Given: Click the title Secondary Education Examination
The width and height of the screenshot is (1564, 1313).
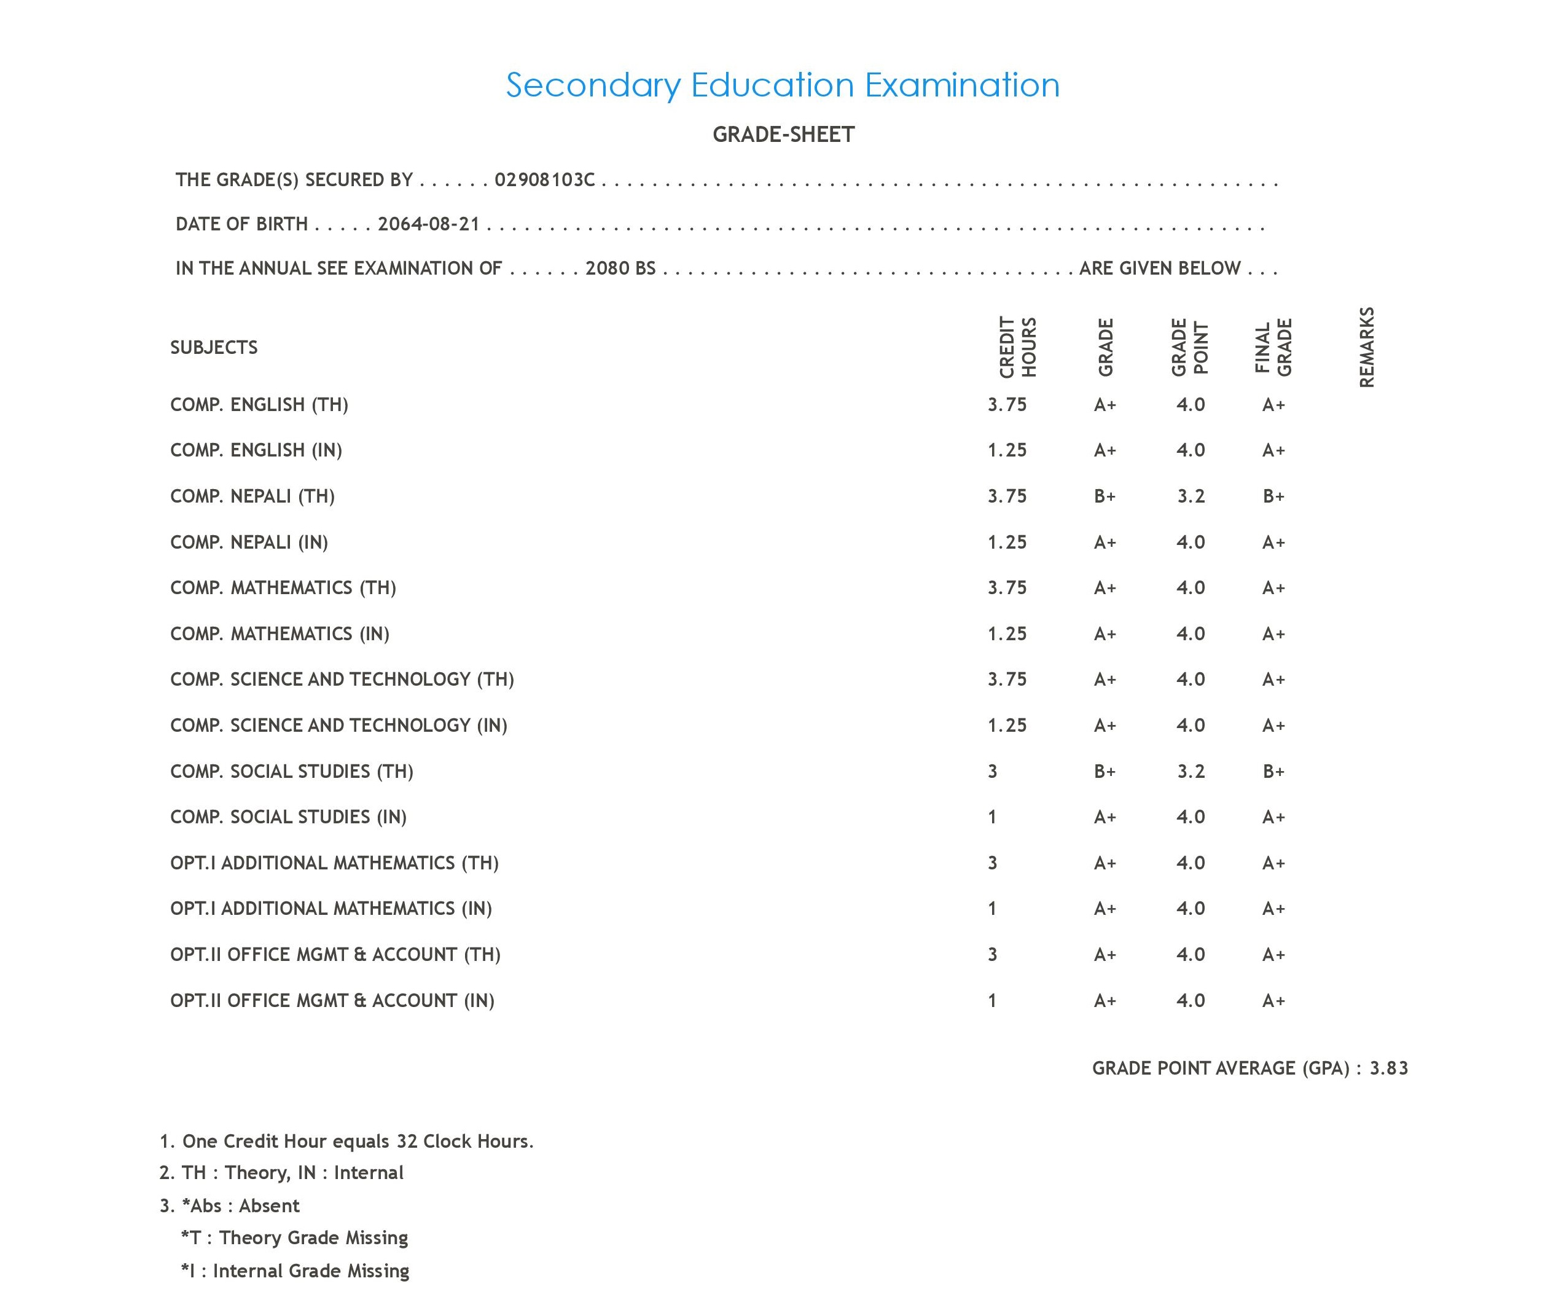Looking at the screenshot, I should click(x=782, y=85).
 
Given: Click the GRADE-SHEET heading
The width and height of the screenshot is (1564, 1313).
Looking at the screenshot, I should click(x=783, y=135).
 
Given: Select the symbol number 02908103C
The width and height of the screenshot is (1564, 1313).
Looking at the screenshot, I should click(x=544, y=180).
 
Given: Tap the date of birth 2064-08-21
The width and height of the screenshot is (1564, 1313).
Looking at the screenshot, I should click(x=428, y=224).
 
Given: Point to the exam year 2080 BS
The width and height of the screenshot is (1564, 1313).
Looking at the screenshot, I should click(x=620, y=268).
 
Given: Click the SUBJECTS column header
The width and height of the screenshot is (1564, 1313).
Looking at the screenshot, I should click(x=214, y=348).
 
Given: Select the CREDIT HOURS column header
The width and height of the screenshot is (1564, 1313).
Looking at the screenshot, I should click(x=1017, y=347).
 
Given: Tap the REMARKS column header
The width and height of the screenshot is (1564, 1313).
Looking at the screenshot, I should click(x=1366, y=347).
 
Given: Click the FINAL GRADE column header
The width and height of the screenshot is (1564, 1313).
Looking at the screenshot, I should click(x=1273, y=347).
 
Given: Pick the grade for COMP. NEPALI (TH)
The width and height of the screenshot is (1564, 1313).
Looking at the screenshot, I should click(x=1105, y=496).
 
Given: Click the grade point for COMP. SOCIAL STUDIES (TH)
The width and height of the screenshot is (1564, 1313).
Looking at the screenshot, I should click(x=1190, y=772).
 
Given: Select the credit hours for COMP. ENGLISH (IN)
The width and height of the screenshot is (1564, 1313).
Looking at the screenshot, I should click(x=1007, y=450).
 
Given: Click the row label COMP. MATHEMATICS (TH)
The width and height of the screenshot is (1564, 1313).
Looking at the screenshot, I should click(x=283, y=589).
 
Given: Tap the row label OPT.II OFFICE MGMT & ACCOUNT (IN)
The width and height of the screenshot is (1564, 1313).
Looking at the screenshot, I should click(x=332, y=1001).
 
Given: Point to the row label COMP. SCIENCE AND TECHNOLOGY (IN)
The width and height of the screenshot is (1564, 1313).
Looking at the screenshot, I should click(x=339, y=726).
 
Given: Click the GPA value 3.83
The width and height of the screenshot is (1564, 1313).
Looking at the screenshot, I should click(x=1388, y=1068).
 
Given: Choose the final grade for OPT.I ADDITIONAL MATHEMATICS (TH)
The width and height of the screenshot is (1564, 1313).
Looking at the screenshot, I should click(x=1273, y=863).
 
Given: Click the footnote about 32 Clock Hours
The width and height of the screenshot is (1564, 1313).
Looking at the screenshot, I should click(x=347, y=1142).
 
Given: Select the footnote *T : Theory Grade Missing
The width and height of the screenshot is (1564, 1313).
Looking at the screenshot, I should click(x=295, y=1238).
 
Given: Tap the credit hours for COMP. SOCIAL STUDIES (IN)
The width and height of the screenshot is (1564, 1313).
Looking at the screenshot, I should click(x=992, y=818).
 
